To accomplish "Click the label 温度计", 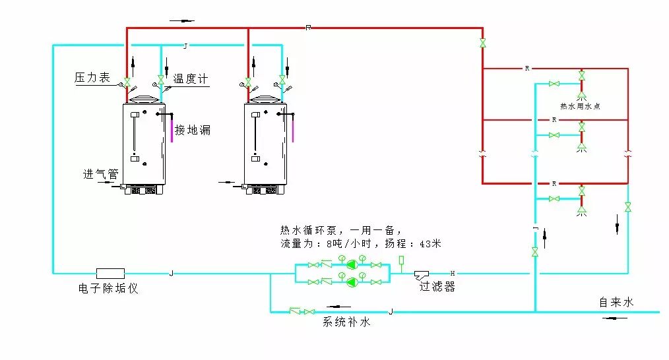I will point(190,79).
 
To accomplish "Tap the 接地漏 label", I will point(193,130).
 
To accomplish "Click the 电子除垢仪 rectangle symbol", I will point(110,273).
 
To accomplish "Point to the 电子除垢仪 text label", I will point(109,289).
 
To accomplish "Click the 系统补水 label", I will point(346,322).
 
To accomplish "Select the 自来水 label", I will point(616,302).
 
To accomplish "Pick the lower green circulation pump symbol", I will point(351,282).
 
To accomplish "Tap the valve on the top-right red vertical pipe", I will point(482,44).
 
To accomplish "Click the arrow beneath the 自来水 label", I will point(616,318).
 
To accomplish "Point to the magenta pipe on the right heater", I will point(292,129).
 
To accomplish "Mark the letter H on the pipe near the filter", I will point(452,273).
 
